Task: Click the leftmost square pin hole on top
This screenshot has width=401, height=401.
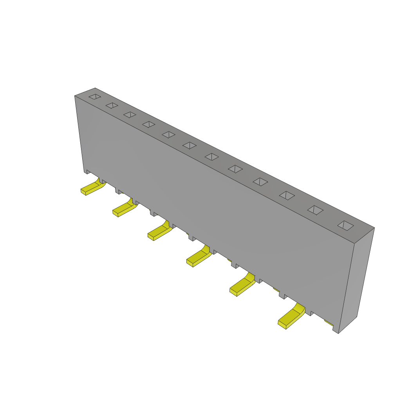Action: (x=95, y=96)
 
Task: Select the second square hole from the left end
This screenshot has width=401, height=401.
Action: (x=112, y=105)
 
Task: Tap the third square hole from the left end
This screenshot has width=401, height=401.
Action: (x=130, y=115)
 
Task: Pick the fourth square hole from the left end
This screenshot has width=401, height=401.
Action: (x=149, y=124)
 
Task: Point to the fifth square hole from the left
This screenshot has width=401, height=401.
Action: (x=168, y=135)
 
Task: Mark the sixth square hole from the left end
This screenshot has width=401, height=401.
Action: (x=190, y=145)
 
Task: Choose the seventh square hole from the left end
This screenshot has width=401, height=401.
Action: (x=212, y=157)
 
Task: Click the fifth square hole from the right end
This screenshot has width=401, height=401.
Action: (x=235, y=169)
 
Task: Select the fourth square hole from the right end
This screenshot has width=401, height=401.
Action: (x=260, y=182)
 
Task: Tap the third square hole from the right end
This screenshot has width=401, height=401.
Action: (x=287, y=195)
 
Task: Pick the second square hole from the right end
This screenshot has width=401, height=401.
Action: (x=315, y=210)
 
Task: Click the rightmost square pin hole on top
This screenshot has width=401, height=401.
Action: (x=345, y=225)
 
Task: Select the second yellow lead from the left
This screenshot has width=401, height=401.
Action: (x=124, y=209)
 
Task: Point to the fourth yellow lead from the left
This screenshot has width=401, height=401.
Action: (x=199, y=258)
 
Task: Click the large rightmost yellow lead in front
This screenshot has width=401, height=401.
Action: (x=291, y=318)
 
